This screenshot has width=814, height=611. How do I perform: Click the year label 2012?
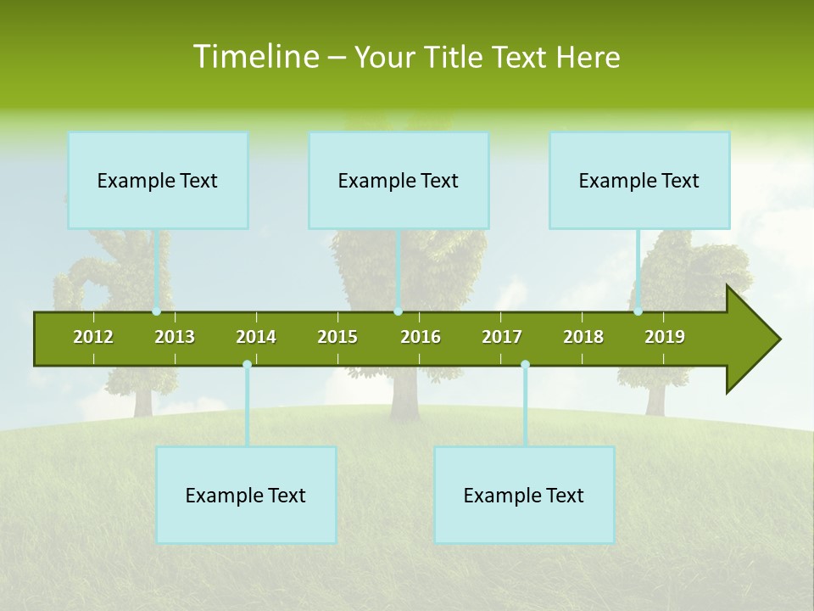93,338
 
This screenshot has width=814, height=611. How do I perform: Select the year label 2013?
175,338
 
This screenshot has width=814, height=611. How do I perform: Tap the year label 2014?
256,338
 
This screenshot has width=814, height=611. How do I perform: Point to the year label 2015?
337,338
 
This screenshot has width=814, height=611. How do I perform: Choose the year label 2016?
421,338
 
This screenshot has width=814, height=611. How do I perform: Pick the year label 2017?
502,338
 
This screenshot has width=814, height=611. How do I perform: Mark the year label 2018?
583,338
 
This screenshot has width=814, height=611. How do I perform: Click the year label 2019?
665,338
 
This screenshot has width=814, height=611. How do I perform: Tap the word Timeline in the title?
255,57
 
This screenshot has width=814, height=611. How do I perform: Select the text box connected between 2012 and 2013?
158,180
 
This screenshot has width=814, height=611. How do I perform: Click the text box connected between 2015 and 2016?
399,180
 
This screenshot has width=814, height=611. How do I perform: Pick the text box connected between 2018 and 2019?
639,180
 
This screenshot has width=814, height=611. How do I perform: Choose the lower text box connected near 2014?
246,495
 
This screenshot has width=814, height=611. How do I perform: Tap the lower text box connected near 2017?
524,495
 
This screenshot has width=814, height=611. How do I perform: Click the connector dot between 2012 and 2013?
156,311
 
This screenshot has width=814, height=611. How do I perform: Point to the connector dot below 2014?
247,365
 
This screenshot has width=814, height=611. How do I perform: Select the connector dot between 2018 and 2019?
638,311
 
